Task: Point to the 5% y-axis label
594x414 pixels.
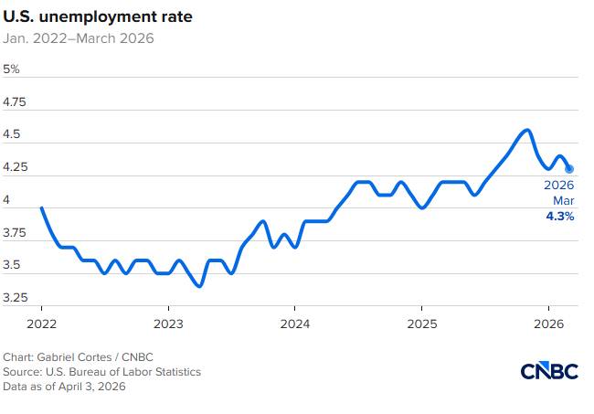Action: point(12,69)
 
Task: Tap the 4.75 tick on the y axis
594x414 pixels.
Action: point(16,102)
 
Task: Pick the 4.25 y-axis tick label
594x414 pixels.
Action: point(16,168)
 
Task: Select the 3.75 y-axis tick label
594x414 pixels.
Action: point(16,233)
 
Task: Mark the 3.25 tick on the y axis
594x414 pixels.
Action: point(16,299)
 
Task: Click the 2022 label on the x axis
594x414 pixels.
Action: point(42,324)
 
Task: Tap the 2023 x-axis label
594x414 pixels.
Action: point(168,324)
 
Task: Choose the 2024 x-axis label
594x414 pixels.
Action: point(294,324)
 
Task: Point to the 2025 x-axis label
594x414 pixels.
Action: point(421,324)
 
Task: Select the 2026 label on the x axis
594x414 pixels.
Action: point(547,324)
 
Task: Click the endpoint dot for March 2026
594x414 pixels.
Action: point(569,168)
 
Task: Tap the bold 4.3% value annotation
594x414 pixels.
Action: point(559,217)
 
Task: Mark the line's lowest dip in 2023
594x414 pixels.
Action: point(200,286)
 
